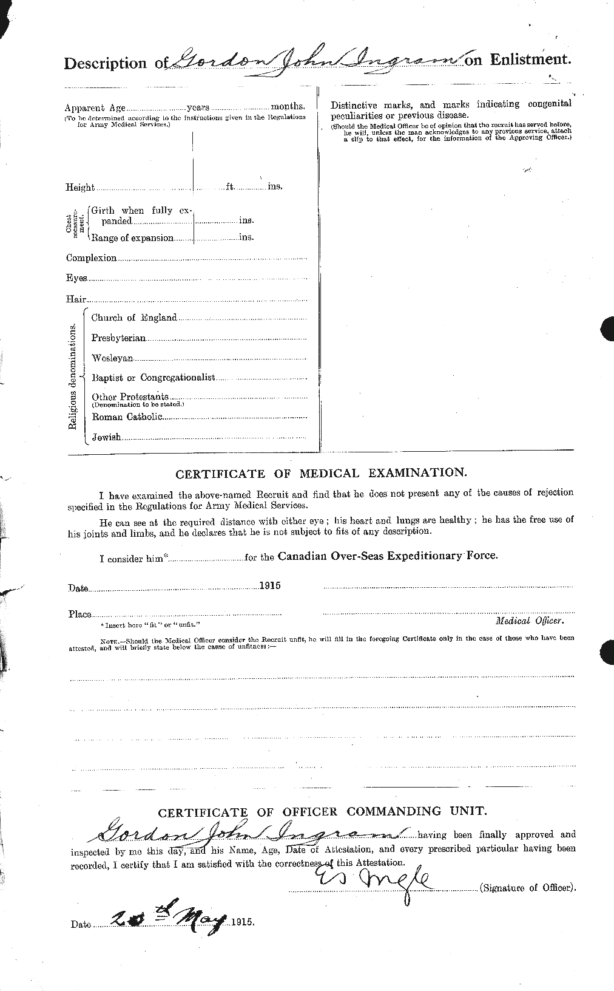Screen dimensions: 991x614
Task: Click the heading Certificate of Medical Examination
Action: (x=321, y=472)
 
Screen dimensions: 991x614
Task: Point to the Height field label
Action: (x=80, y=188)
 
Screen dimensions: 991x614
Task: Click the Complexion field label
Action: (x=91, y=258)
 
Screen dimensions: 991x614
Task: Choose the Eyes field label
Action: (x=76, y=278)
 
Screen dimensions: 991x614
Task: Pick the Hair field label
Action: (x=76, y=299)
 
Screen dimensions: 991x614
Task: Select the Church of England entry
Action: (x=133, y=318)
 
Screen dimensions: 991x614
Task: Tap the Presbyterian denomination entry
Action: (x=118, y=338)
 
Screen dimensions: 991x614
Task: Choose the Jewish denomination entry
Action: (x=106, y=437)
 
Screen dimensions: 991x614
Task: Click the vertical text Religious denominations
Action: (x=72, y=376)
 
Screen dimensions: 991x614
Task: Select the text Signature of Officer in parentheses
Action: (x=526, y=888)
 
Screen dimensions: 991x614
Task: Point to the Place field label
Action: (x=79, y=615)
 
